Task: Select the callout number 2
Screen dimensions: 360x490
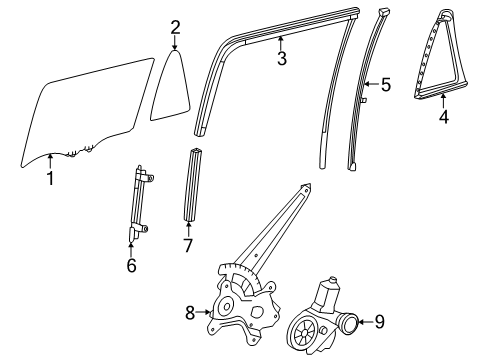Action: pos(175,27)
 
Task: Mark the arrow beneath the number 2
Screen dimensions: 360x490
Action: pos(175,43)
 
